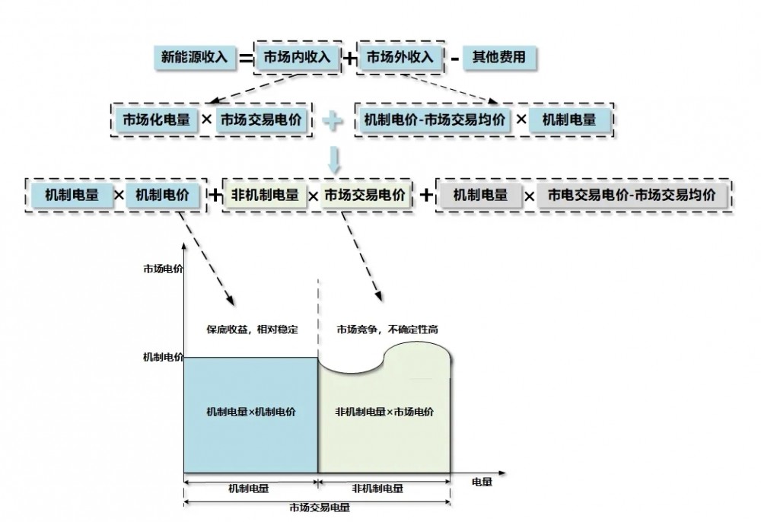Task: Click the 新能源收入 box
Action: tap(195, 57)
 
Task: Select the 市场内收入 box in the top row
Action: tap(297, 57)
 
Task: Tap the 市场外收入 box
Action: tap(400, 57)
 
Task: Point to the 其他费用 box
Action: tap(498, 57)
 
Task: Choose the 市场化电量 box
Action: tap(155, 119)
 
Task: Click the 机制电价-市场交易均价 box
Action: tap(433, 119)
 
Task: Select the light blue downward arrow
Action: tap(333, 158)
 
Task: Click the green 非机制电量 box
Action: tap(265, 195)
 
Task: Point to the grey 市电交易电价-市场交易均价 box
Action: tap(632, 195)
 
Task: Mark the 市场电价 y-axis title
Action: tap(162, 269)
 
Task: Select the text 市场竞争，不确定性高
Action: tap(387, 329)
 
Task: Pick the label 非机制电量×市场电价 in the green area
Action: tap(384, 412)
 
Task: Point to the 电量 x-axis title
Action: tap(482, 482)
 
